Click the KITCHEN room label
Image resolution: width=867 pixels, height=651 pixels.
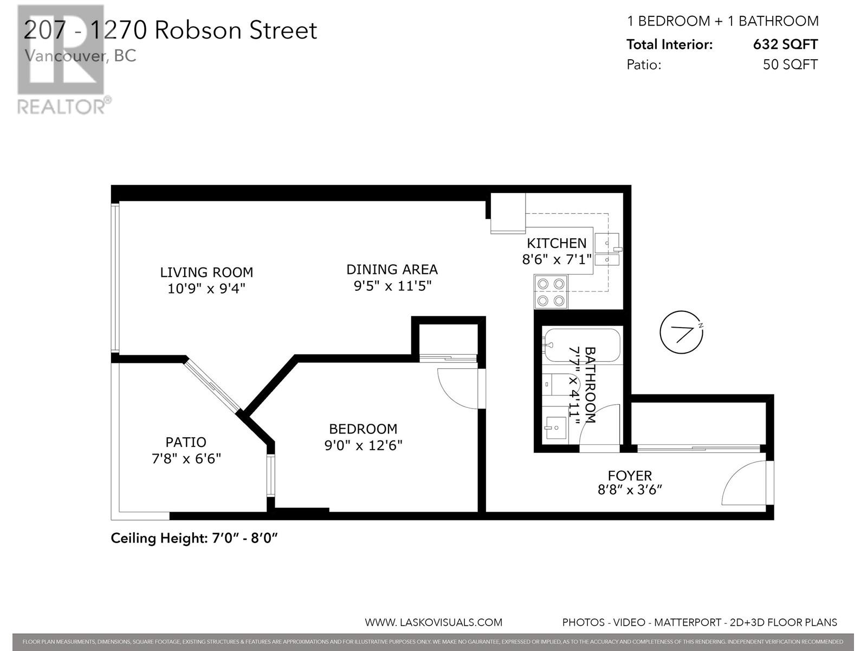tap(557, 243)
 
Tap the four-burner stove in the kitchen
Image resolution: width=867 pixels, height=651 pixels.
tap(551, 292)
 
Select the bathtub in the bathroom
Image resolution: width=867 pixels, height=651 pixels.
tap(581, 345)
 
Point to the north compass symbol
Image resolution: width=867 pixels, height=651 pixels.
tap(681, 333)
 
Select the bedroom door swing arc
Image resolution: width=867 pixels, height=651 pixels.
tap(457, 388)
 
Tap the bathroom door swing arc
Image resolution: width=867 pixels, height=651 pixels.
tap(599, 425)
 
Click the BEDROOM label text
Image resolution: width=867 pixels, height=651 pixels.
tap(363, 429)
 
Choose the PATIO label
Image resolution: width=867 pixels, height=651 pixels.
tap(186, 442)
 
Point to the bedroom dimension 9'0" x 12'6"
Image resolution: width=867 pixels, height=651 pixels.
tap(363, 445)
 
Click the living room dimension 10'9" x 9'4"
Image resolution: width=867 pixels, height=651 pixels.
tap(206, 289)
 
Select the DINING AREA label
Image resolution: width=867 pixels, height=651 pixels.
tap(392, 269)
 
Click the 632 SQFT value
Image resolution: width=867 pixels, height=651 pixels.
tap(785, 44)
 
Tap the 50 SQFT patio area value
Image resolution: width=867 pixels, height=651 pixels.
tap(790, 65)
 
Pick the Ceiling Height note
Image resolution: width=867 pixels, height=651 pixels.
tap(194, 538)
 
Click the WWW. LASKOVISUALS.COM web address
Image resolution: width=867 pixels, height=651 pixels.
tap(433, 622)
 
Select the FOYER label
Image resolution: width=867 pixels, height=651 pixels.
tap(630, 476)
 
